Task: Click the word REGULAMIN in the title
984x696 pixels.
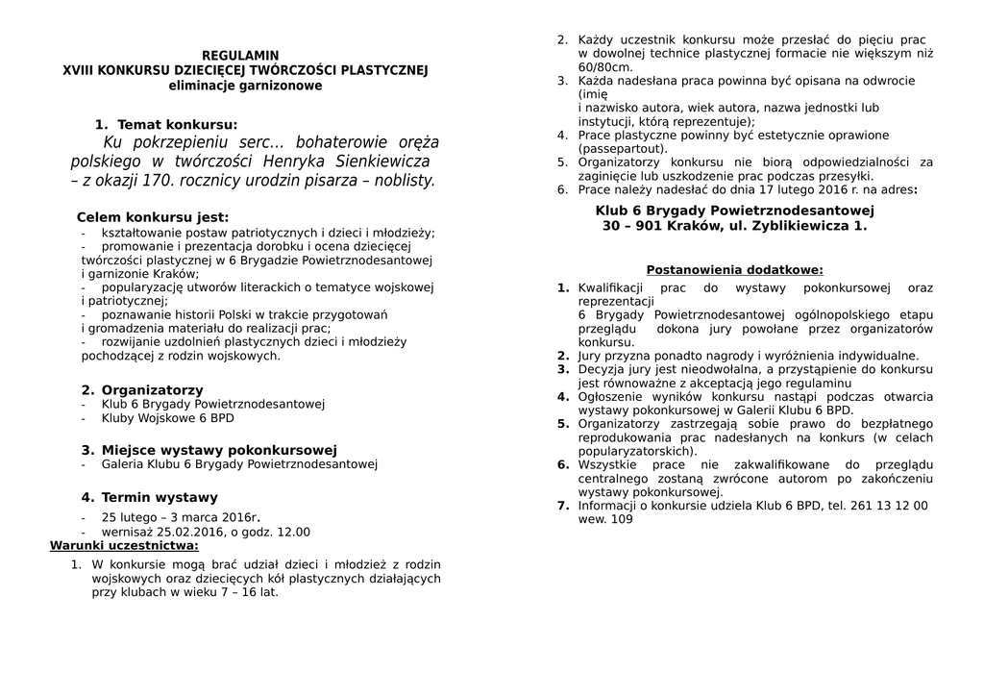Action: tap(240, 56)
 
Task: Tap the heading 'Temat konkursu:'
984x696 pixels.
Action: tap(177, 125)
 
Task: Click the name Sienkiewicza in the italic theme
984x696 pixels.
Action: tap(374, 161)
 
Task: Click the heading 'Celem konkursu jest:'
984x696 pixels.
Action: tap(153, 217)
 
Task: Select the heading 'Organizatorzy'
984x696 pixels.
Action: tap(152, 389)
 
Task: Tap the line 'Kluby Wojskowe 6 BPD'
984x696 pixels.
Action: tap(167, 418)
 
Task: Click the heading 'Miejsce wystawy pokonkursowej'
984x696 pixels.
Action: tap(219, 450)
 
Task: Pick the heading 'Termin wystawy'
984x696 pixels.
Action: tap(160, 497)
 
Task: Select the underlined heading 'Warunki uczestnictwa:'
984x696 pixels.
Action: tap(124, 546)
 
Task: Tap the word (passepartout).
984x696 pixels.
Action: tap(623, 149)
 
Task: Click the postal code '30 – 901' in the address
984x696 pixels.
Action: tap(633, 226)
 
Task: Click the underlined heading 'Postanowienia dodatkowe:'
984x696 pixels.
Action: tap(734, 270)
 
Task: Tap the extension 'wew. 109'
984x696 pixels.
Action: tap(605, 519)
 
